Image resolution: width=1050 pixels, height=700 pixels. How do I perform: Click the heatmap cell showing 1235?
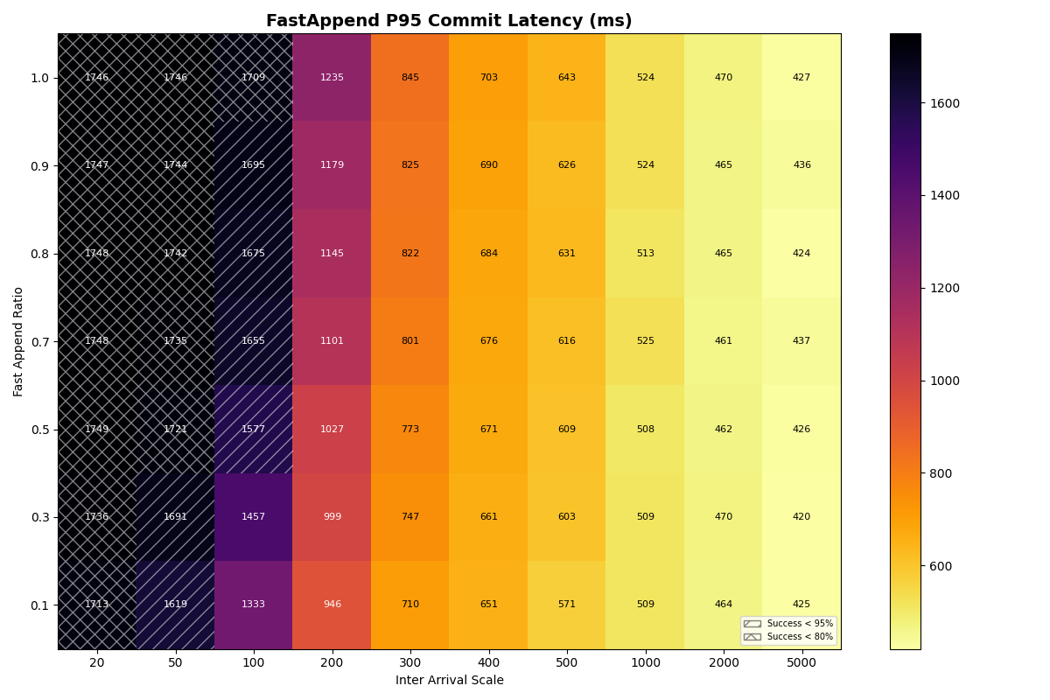pos(332,78)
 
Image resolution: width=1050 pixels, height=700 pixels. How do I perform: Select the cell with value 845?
pos(409,78)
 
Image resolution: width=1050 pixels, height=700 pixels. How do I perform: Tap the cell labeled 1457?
pos(253,517)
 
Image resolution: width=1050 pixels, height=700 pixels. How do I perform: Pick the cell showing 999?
pos(332,517)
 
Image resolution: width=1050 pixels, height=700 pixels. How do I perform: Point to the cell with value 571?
pos(566,605)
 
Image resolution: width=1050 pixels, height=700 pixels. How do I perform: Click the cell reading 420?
pos(801,517)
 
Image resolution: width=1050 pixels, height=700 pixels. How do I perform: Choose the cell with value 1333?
pos(253,605)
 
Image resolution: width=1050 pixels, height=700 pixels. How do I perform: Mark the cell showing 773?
pos(409,430)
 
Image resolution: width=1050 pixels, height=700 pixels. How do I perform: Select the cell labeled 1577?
pos(253,430)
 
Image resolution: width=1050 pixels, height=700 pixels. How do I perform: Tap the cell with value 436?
pos(801,165)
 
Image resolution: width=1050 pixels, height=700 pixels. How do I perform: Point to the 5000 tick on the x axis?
pos(801,663)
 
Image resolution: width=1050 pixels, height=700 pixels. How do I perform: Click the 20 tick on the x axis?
pos(97,663)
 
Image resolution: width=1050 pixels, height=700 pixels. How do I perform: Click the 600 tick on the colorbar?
pos(941,566)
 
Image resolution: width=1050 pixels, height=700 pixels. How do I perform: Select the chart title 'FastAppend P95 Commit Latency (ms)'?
pos(449,21)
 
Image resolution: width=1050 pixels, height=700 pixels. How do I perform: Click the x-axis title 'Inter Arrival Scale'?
pos(449,681)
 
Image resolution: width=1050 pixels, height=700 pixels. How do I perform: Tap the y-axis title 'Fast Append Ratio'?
pos(18,341)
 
